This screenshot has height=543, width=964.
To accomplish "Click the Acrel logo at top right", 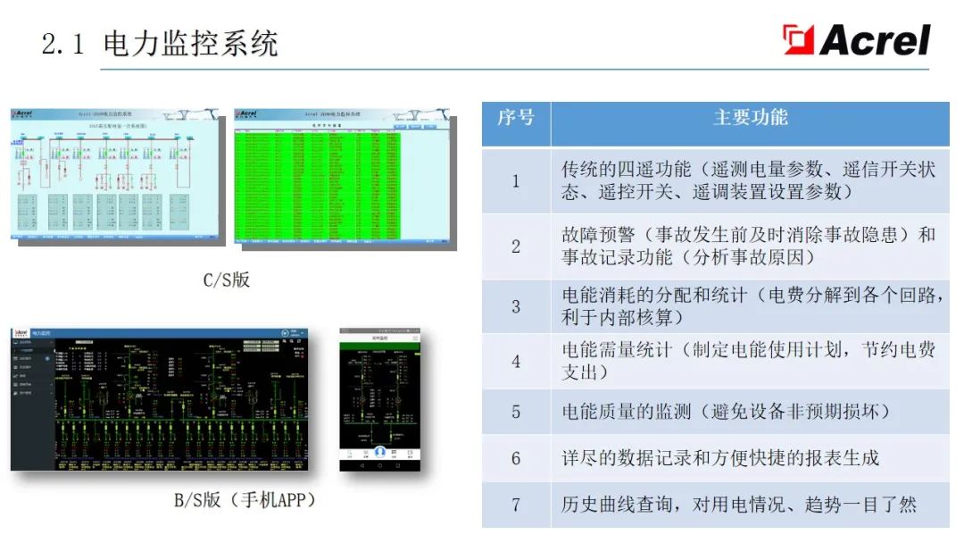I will tap(856, 40).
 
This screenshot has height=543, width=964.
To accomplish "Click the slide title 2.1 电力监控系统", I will tap(161, 44).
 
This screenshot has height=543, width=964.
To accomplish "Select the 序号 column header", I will tap(515, 117).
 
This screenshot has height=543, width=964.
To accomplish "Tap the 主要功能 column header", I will tap(750, 117).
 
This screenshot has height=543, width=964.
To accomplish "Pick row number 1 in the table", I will tap(515, 180).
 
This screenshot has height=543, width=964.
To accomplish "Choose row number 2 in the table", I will tap(515, 246).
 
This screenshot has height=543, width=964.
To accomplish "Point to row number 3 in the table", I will tap(515, 306).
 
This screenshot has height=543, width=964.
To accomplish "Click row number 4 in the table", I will tap(515, 362).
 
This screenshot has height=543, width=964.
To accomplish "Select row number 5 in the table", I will tap(515, 412).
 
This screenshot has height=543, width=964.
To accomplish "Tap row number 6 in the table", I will tap(515, 458).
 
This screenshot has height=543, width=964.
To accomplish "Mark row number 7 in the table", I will tap(515, 505).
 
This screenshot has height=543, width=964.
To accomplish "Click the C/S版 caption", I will tap(226, 280).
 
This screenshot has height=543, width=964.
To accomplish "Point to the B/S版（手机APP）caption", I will tap(245, 500).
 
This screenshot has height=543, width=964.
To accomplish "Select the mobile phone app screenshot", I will tap(379, 399).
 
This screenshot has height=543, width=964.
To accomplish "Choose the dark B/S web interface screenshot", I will tap(159, 399).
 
